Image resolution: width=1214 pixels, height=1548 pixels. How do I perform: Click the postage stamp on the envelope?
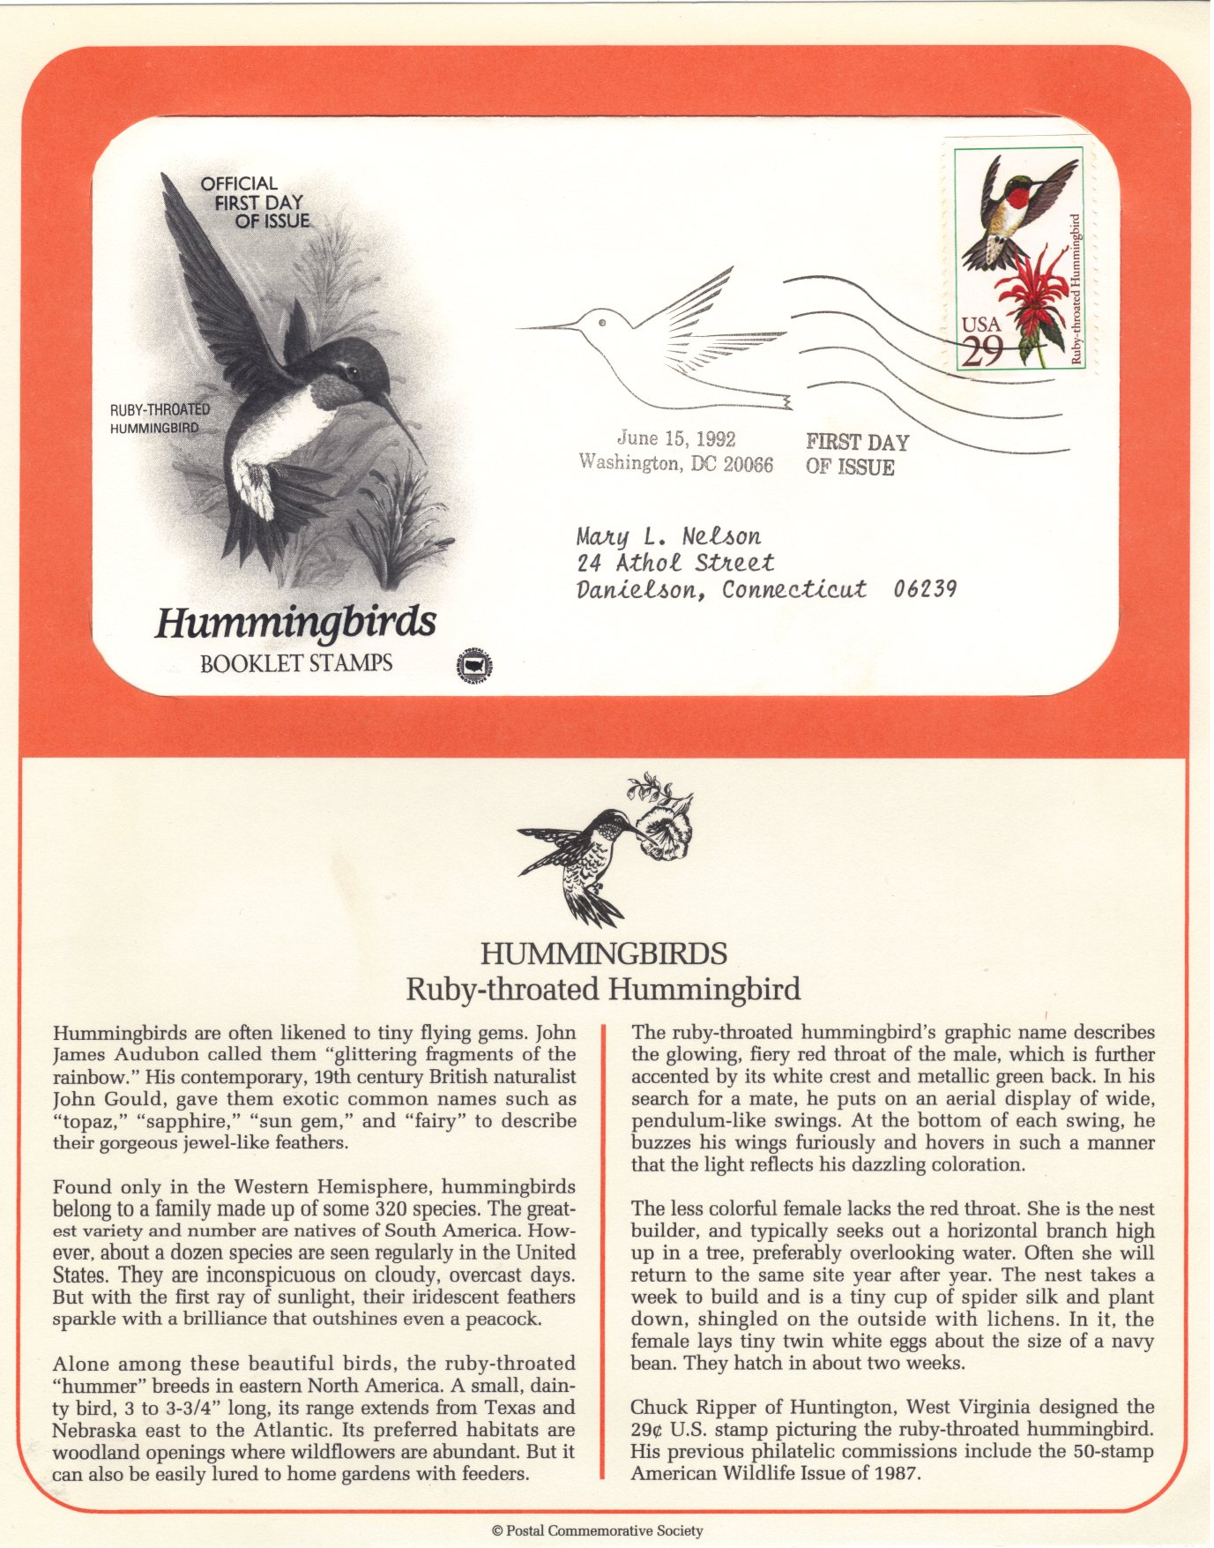(1020, 258)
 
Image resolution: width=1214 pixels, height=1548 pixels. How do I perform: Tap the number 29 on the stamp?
(981, 352)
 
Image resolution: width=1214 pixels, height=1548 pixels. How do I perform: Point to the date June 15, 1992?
(676, 438)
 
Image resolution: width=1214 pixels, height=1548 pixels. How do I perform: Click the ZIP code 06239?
(925, 589)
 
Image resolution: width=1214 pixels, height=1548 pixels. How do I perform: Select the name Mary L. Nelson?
(668, 536)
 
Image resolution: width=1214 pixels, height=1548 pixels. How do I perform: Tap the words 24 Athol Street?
(675, 563)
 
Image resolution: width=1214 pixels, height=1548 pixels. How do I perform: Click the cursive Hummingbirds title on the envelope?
(295, 624)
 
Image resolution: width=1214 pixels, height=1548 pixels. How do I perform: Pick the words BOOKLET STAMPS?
(296, 663)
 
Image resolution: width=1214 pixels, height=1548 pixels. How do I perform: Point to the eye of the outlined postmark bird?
(602, 323)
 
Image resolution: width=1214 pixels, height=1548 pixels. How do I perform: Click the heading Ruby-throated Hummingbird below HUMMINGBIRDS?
(603, 990)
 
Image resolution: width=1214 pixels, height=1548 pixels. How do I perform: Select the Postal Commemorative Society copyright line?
(598, 1531)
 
